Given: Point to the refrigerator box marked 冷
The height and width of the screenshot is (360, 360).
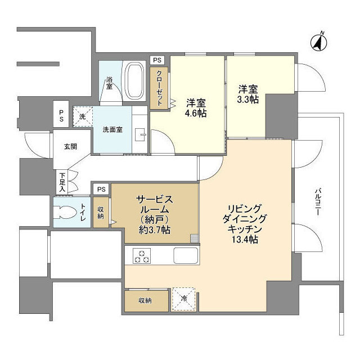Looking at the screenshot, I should pos(184,298).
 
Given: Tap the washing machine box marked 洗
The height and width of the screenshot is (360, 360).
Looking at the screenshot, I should pos(82,116).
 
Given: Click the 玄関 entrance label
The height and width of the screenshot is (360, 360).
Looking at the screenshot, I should pos(70,147).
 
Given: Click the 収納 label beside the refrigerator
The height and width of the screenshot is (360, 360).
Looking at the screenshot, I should pos(146,300).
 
